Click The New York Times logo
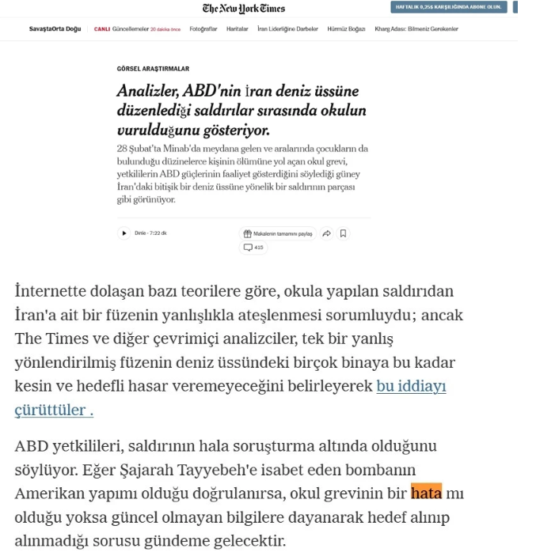pyautogui.click(x=243, y=9)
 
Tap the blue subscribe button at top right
pyautogui.click(x=449, y=7)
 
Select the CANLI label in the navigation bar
pyautogui.click(x=102, y=28)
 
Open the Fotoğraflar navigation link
pyautogui.click(x=203, y=28)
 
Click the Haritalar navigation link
pyautogui.click(x=237, y=28)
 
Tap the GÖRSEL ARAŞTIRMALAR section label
pyautogui.click(x=153, y=69)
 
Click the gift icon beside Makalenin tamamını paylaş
pyautogui.click(x=248, y=234)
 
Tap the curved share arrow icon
pyautogui.click(x=326, y=234)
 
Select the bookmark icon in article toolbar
pyautogui.click(x=343, y=234)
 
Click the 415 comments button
pyautogui.click(x=254, y=248)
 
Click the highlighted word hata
pyautogui.click(x=426, y=494)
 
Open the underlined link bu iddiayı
pyautogui.click(x=411, y=387)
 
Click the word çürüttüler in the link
pyautogui.click(x=50, y=410)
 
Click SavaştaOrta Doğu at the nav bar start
pyautogui.click(x=55, y=28)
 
